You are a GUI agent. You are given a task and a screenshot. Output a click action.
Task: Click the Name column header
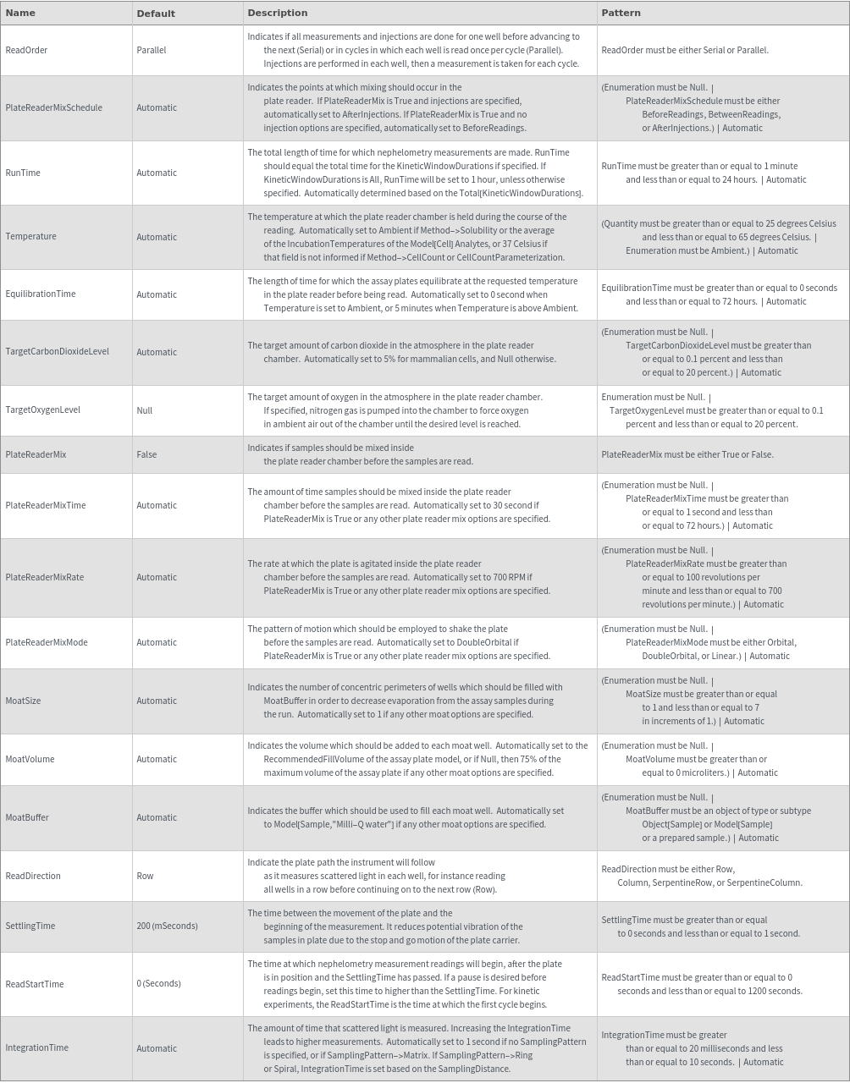pyautogui.click(x=20, y=13)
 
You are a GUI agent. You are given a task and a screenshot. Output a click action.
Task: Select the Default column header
pyautogui.click(x=156, y=14)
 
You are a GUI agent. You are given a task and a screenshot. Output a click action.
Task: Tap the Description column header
pyautogui.click(x=277, y=13)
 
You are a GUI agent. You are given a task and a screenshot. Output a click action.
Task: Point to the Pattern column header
pyautogui.click(x=621, y=13)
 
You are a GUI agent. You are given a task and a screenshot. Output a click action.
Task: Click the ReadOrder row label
pyautogui.click(x=26, y=50)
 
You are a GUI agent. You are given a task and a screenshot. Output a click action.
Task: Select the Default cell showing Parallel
pyautogui.click(x=152, y=50)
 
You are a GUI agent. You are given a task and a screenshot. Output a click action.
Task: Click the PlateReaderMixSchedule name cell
pyautogui.click(x=53, y=107)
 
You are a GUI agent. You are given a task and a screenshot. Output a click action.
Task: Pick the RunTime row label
pyautogui.click(x=23, y=173)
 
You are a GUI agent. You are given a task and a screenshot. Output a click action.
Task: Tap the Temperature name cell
pyautogui.click(x=30, y=237)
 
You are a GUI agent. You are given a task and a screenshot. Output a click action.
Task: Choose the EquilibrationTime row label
pyautogui.click(x=41, y=294)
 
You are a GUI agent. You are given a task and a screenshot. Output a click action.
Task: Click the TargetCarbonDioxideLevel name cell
pyautogui.click(x=57, y=352)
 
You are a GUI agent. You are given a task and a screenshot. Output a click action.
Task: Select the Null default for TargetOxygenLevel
pyautogui.click(x=145, y=410)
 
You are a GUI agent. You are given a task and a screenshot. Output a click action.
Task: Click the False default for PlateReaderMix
pyautogui.click(x=146, y=454)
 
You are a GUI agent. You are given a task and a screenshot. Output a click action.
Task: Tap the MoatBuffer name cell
pyautogui.click(x=27, y=817)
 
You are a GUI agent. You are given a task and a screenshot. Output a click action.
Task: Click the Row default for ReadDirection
pyautogui.click(x=146, y=876)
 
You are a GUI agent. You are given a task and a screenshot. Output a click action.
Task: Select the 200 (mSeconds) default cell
pyautogui.click(x=167, y=926)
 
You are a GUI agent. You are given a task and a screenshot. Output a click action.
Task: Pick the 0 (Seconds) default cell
pyautogui.click(x=158, y=983)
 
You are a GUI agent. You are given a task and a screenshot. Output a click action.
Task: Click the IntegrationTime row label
pyautogui.click(x=36, y=1047)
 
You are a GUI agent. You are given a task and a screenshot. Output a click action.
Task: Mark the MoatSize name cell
pyautogui.click(x=23, y=701)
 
